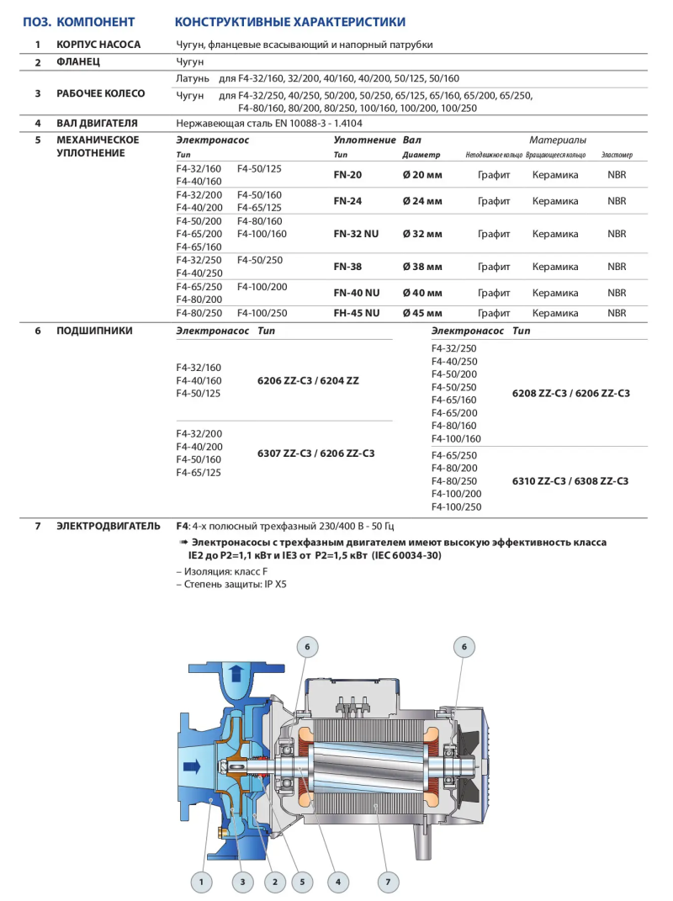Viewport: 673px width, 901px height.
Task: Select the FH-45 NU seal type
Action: (x=356, y=313)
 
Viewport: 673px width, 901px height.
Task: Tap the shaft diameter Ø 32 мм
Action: (x=422, y=234)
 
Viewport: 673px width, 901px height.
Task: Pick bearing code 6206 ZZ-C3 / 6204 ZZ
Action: (x=308, y=380)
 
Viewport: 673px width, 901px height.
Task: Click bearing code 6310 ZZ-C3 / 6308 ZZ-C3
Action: (x=570, y=481)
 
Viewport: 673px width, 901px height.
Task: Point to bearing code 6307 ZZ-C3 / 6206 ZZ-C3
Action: (x=315, y=453)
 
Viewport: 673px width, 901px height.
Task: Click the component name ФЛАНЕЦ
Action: (x=78, y=62)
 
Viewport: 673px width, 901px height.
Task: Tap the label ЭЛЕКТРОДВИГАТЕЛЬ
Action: (x=108, y=527)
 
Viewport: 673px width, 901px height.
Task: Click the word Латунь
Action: (x=193, y=79)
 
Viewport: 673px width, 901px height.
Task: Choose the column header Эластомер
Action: (x=617, y=156)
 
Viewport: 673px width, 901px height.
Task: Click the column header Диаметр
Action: (x=421, y=156)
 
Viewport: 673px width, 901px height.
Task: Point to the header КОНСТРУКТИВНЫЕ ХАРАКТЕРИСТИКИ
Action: (x=289, y=22)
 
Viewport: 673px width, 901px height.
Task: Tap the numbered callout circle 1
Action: (x=201, y=882)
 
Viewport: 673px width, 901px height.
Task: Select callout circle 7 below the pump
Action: (x=388, y=882)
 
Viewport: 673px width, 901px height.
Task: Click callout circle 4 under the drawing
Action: (x=337, y=882)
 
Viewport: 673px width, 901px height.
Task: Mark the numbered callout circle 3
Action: (x=242, y=882)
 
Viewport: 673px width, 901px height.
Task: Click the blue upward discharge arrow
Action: (x=237, y=673)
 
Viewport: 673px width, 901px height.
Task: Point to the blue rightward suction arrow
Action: (x=192, y=766)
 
